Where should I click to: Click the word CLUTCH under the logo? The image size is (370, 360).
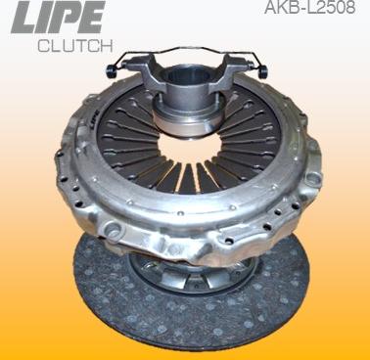click(x=74, y=46)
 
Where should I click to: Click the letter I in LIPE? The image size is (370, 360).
click(x=43, y=19)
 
